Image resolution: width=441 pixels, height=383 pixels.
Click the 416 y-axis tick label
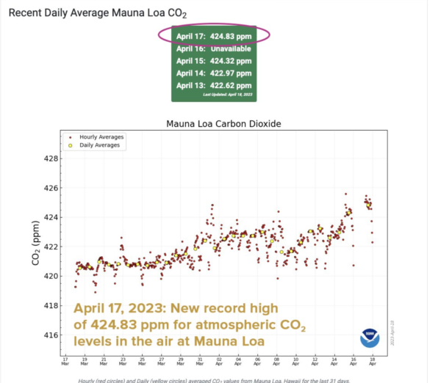click(51, 335)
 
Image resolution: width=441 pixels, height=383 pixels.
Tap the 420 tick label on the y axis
click(51, 276)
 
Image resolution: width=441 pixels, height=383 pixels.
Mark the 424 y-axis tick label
click(51, 217)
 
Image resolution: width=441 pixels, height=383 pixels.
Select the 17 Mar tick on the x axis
click(65, 363)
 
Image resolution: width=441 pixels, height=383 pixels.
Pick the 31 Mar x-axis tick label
click(200, 363)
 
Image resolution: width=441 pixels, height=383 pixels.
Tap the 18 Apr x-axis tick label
click(373, 363)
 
